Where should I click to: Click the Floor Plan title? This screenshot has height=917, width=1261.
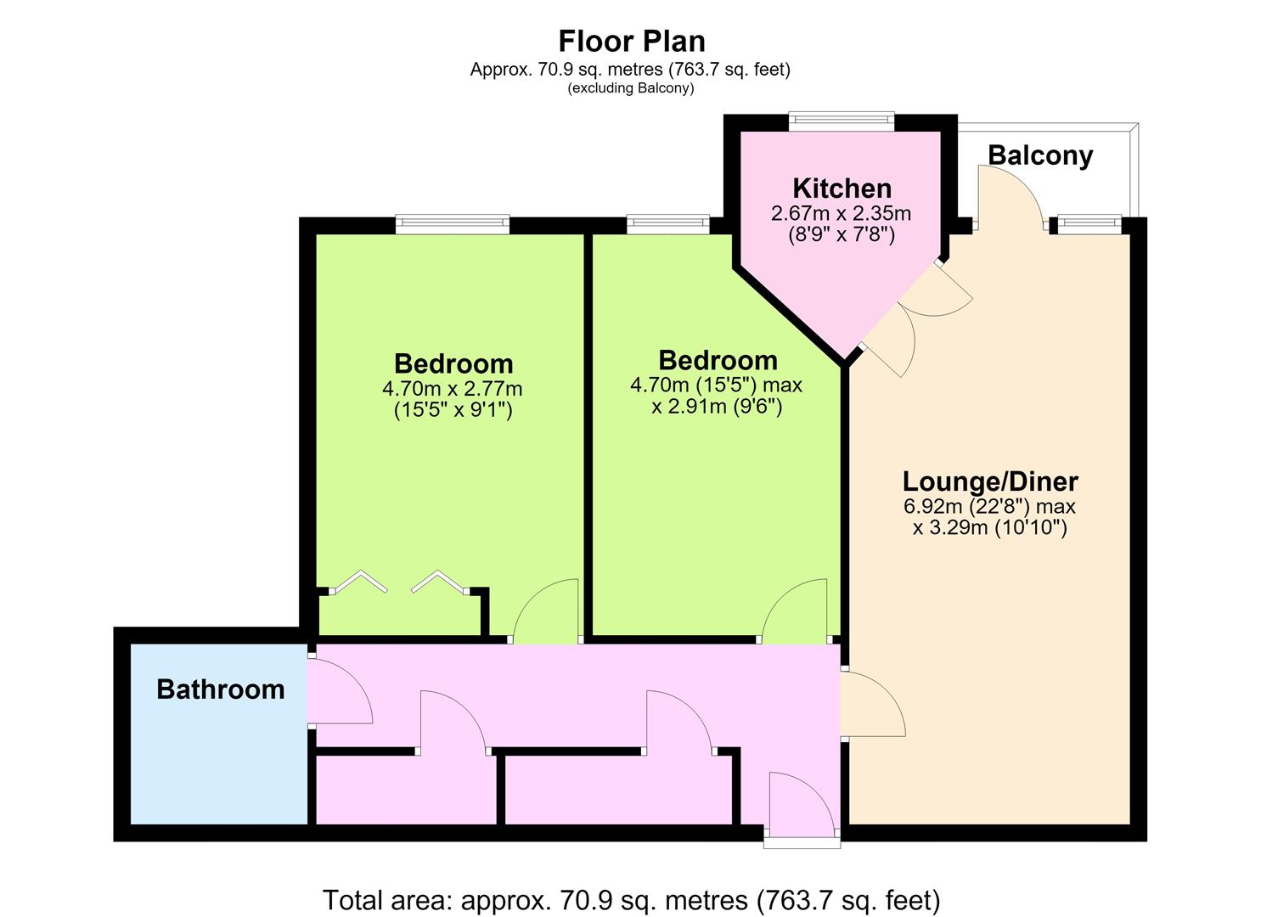pos(632,41)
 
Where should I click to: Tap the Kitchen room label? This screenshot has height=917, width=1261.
pos(842,188)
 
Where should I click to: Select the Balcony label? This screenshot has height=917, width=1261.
pos(1040,155)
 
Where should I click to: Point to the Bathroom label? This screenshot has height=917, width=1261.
pos(221,689)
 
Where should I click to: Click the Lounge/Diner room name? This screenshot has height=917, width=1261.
pos(990,481)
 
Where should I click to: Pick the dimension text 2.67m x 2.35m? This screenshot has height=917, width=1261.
pos(841,213)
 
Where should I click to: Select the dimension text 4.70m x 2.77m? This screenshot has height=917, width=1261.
pos(452,388)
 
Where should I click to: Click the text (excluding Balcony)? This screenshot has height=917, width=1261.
pos(630,88)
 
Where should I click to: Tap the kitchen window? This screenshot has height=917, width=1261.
pos(842,121)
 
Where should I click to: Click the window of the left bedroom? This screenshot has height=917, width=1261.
pos(453,224)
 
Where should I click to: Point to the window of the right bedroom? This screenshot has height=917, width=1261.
pos(668,224)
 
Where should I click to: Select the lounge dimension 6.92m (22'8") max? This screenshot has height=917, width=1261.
pos(989,506)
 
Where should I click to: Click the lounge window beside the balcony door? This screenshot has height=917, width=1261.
pos(1089,224)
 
